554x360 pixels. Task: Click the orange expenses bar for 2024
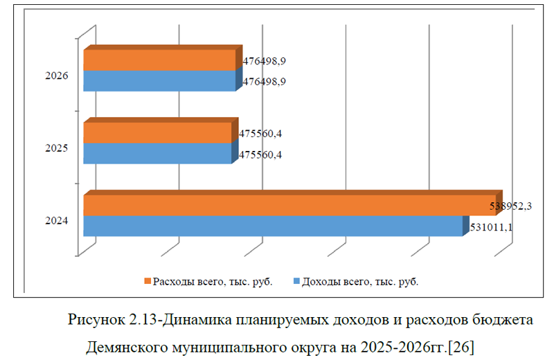291,206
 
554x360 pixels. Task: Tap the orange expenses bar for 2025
157,133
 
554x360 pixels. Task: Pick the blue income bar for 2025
157,153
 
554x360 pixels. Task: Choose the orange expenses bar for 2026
160,60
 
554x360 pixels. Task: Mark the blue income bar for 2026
160,80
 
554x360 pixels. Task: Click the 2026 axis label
56,75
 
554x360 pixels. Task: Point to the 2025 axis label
56,148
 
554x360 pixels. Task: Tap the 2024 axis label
56,221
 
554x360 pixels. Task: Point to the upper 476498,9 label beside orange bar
265,61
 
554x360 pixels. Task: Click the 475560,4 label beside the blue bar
260,154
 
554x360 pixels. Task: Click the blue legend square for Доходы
296,281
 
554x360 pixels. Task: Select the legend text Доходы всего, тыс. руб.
360,281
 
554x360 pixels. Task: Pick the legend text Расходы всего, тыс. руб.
213,281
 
